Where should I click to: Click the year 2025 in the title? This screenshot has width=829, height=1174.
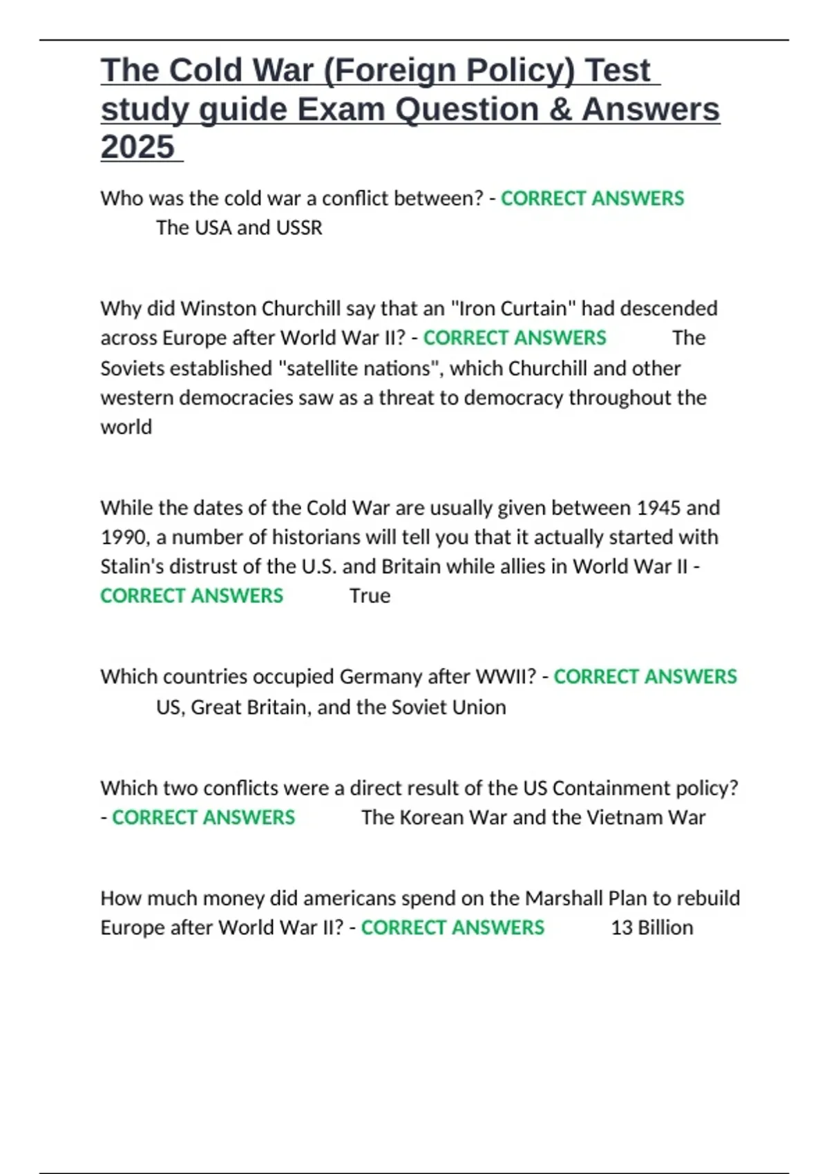137,147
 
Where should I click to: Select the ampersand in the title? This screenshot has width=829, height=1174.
560,109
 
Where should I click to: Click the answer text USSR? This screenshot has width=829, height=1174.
299,228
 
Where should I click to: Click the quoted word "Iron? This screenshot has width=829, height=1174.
472,308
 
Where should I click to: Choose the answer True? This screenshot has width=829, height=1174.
370,596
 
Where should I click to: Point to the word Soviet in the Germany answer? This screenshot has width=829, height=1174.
422,707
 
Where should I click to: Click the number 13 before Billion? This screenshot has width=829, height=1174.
621,927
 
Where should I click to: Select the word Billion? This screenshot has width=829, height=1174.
665,927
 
